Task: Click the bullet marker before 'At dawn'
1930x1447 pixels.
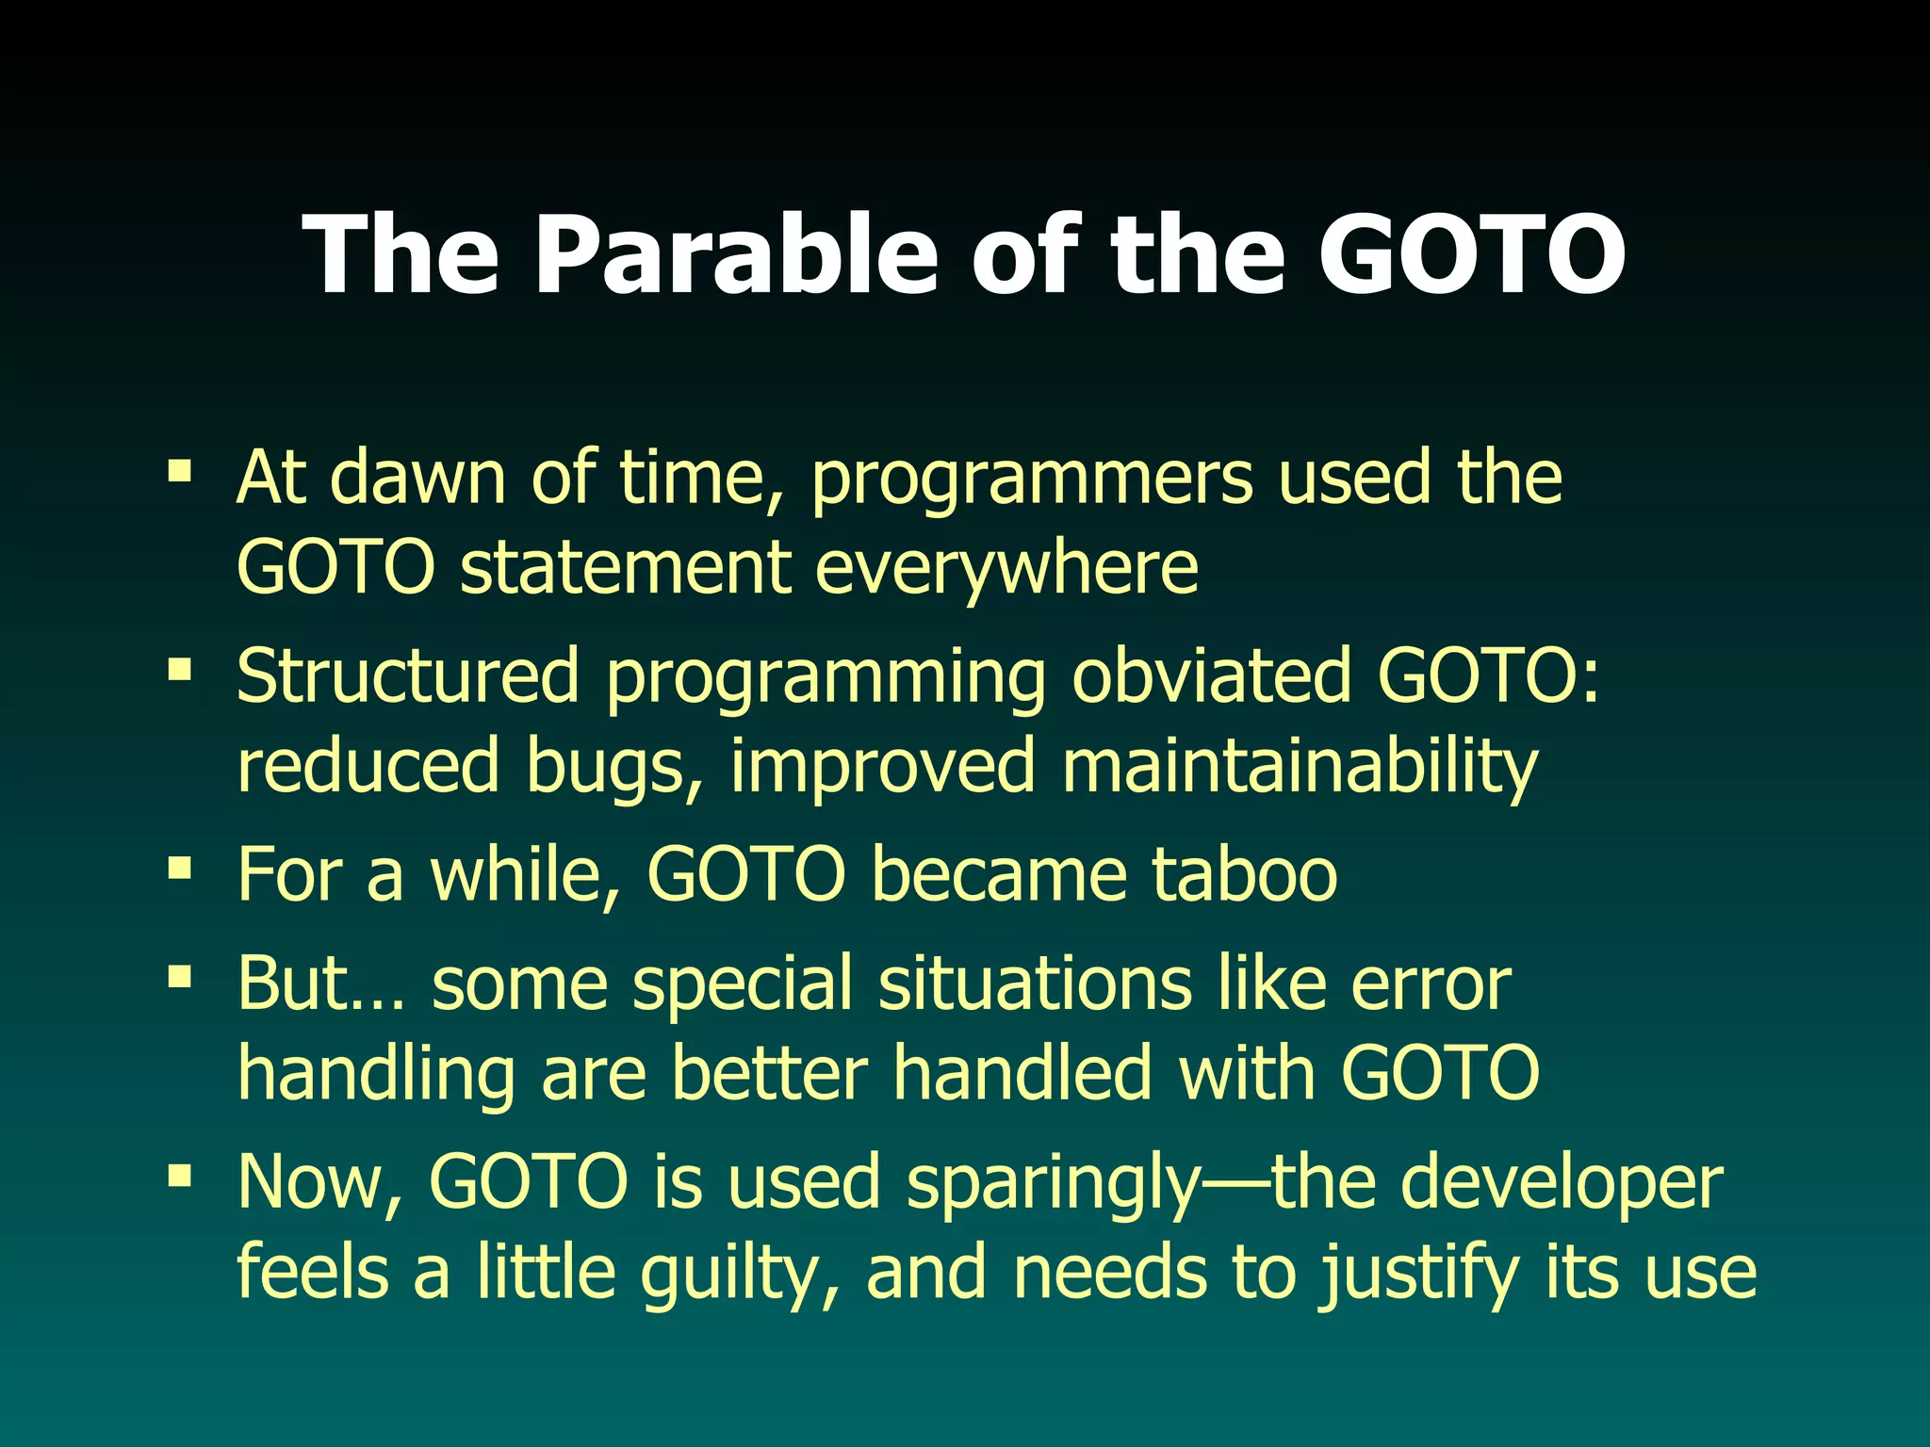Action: pos(179,469)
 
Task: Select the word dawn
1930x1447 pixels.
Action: pos(417,477)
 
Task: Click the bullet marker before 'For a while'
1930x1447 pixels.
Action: pos(179,867)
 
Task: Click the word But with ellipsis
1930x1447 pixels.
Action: pos(320,983)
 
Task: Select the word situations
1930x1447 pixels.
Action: pos(1034,983)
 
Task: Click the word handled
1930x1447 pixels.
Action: pos(1022,1072)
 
